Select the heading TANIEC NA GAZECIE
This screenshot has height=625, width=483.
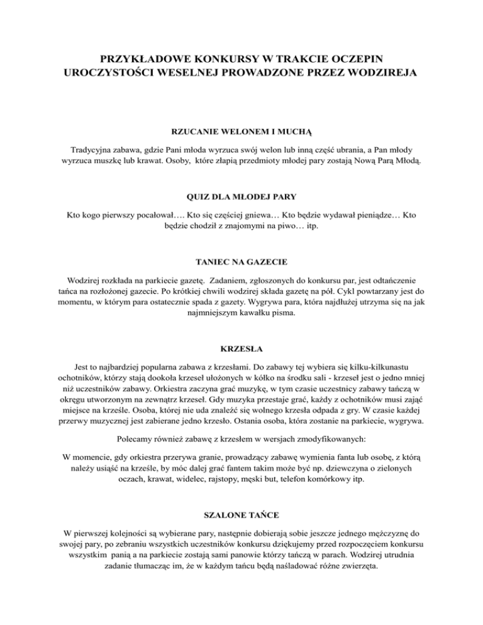coord(241,263)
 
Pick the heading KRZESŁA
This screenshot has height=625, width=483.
coord(241,348)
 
